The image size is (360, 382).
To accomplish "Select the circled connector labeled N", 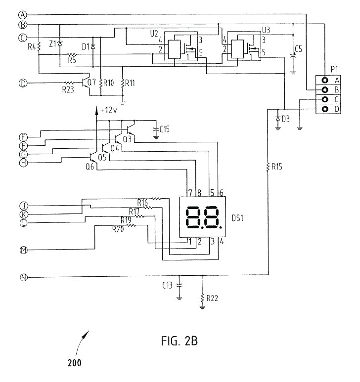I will (23, 277).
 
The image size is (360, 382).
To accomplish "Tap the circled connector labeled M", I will (23, 250).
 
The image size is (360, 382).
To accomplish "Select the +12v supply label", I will (108, 111).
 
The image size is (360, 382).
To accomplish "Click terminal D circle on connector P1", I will (324, 109).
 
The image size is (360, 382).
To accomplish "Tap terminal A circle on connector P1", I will (324, 80).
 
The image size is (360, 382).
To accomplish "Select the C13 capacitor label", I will (168, 285).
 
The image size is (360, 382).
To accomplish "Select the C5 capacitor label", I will (298, 48).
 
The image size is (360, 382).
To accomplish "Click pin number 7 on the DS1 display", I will (189, 192).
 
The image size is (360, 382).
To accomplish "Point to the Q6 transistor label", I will (90, 167).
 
